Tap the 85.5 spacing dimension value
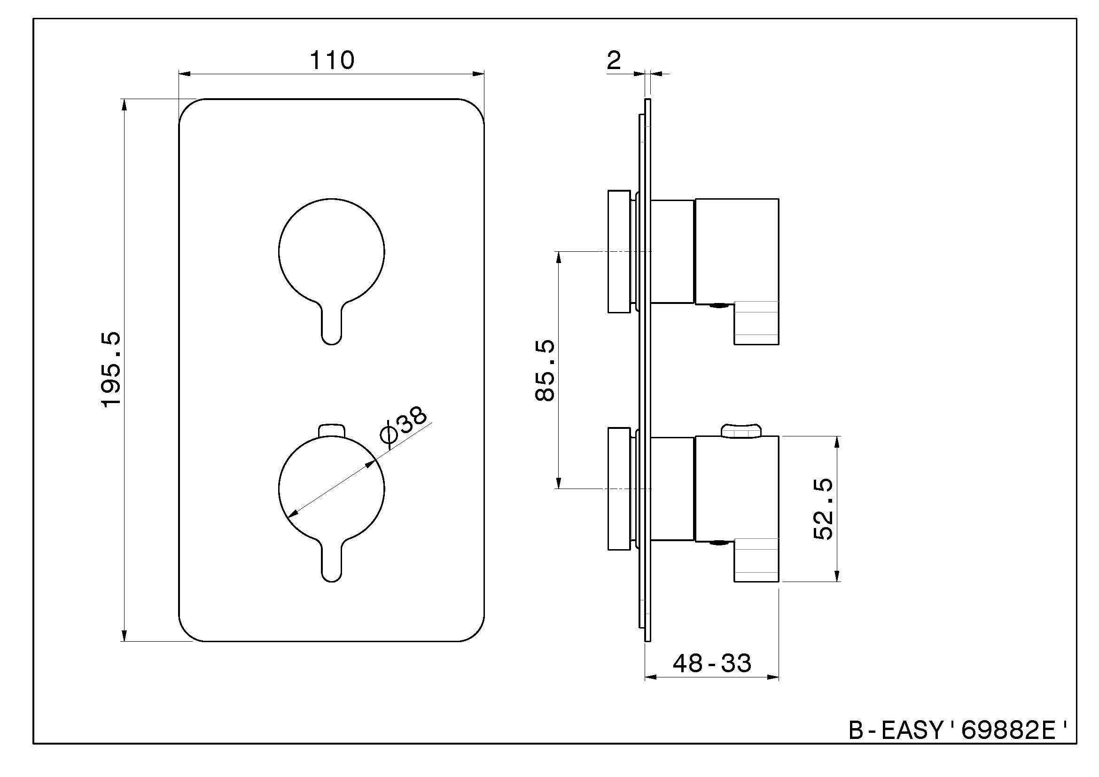point(545,370)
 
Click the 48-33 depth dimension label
point(712,663)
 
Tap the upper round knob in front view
point(331,251)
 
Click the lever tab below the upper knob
point(331,326)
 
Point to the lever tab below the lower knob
point(331,563)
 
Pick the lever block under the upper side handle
point(757,322)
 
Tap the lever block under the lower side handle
point(757,560)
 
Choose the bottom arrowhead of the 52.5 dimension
point(837,576)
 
